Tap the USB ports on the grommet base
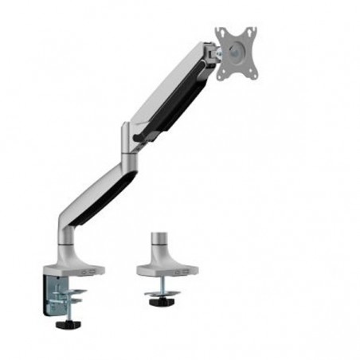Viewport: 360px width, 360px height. pyautogui.click(x=182, y=272)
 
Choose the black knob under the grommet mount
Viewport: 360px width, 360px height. pyautogui.click(x=162, y=312)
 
